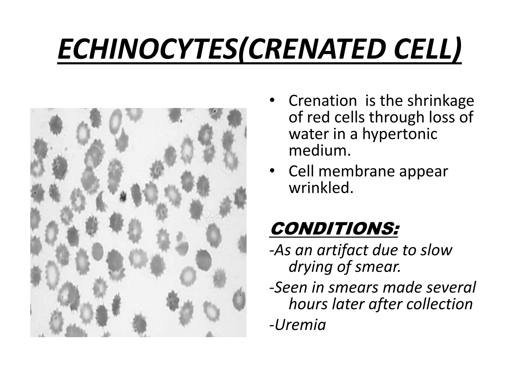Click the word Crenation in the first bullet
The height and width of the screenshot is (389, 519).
(x=323, y=101)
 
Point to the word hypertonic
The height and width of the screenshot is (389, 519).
(x=400, y=134)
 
